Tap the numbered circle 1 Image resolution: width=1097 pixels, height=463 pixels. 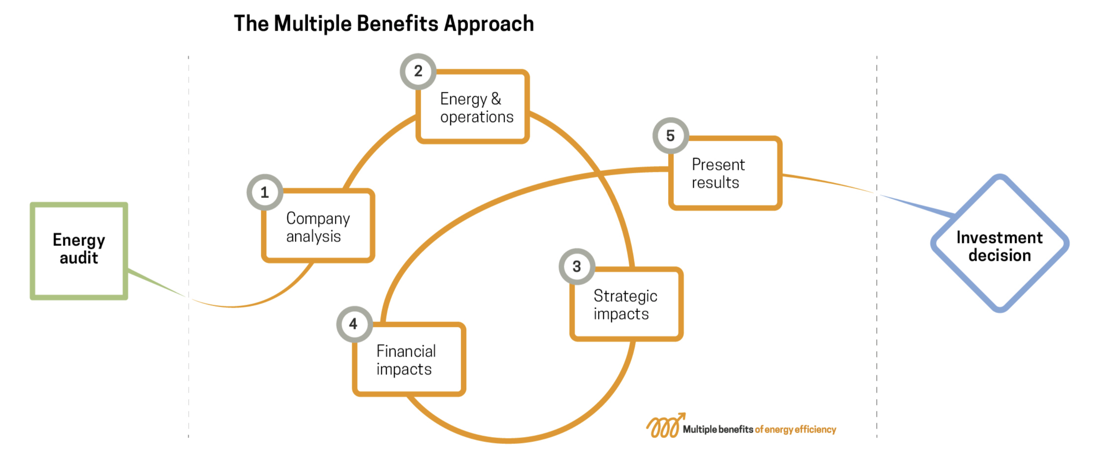(x=265, y=192)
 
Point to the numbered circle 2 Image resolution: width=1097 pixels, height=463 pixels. (x=418, y=71)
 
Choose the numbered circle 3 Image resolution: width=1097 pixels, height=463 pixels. (x=576, y=267)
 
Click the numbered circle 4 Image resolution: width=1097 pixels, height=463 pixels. (x=354, y=324)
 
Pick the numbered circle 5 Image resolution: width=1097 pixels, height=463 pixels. (x=670, y=135)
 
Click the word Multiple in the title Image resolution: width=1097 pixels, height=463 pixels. (x=313, y=24)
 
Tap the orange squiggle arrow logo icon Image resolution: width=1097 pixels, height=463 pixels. (x=664, y=426)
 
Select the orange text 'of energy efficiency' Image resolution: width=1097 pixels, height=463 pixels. (x=796, y=429)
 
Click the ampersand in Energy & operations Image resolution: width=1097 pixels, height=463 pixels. (x=496, y=98)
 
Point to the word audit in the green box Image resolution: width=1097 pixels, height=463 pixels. (x=79, y=258)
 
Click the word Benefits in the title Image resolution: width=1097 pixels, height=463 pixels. (x=398, y=24)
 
